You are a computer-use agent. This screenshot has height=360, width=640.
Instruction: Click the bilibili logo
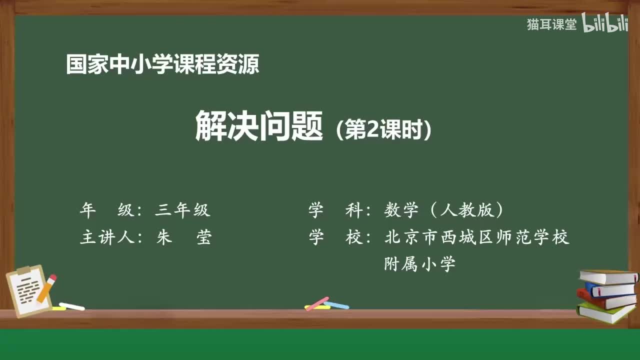click(x=605, y=23)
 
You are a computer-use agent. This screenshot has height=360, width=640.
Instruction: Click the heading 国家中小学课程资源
click(x=162, y=65)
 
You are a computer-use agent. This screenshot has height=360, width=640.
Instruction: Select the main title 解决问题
click(x=258, y=126)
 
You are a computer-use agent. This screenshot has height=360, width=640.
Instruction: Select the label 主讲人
click(x=107, y=237)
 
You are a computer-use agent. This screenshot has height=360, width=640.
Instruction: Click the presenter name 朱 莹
click(x=183, y=237)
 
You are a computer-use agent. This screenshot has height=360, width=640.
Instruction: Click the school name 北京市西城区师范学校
click(x=477, y=237)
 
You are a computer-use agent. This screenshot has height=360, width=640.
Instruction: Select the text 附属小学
click(x=419, y=263)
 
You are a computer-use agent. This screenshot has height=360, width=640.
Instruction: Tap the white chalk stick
click(x=72, y=305)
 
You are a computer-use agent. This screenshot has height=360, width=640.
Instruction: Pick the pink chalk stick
click(x=317, y=303)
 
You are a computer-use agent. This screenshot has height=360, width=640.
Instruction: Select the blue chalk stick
click(x=337, y=305)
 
